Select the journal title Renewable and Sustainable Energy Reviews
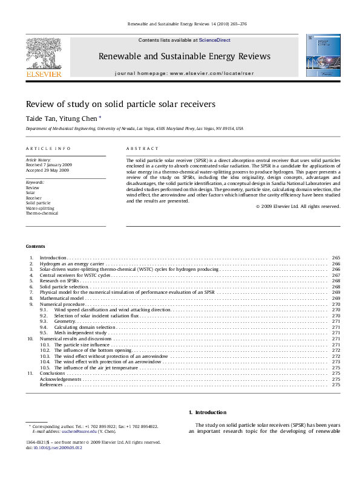(x=185, y=56)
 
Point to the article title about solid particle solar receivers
(x=120, y=104)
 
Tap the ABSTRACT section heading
(x=142, y=148)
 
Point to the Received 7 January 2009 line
(x=48, y=165)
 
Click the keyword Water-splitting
(x=39, y=208)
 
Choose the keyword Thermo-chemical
(x=42, y=213)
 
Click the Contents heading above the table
(x=35, y=246)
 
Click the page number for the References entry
(x=336, y=384)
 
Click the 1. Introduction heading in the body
(x=208, y=412)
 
